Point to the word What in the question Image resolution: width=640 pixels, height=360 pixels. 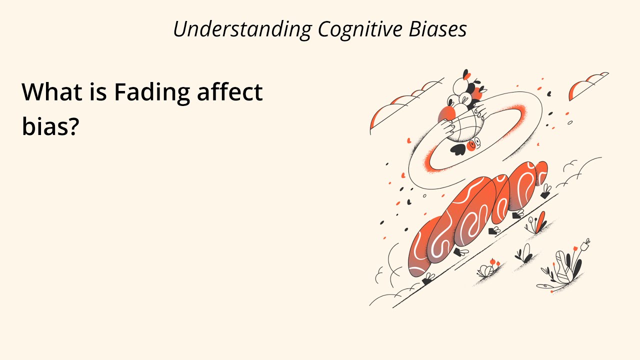pyautogui.click(x=50, y=92)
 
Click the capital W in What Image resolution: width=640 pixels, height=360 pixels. pyautogui.click(x=33, y=92)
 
